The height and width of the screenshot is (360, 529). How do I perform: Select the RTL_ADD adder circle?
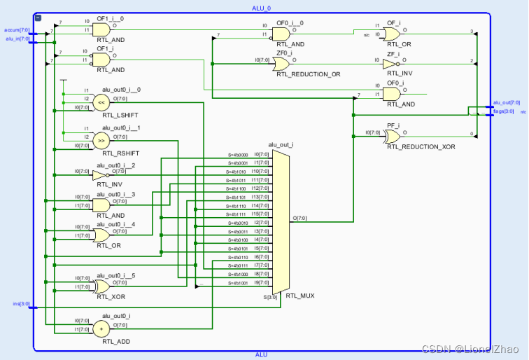point(102,327)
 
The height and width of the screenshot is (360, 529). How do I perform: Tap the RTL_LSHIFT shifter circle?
point(101,102)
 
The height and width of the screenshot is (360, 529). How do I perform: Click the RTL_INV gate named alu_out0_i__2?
point(101,174)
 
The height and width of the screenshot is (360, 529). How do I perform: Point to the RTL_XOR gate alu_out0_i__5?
point(101,286)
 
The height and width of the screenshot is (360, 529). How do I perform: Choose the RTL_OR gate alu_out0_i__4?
point(101,233)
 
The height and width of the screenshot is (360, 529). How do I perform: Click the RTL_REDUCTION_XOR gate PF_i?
point(392,136)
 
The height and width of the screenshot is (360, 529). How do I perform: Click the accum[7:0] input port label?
point(17,30)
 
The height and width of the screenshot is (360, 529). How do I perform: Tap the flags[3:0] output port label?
point(504,111)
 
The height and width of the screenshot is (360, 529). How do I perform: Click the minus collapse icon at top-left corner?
point(38,18)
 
